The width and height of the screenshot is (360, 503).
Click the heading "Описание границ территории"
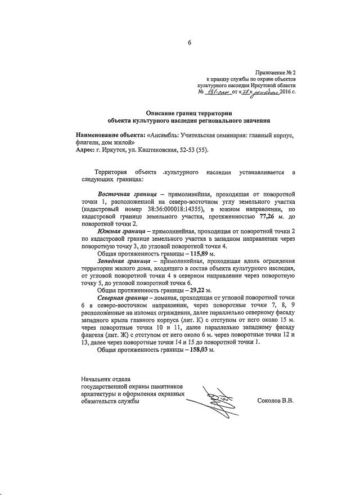[188, 113]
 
